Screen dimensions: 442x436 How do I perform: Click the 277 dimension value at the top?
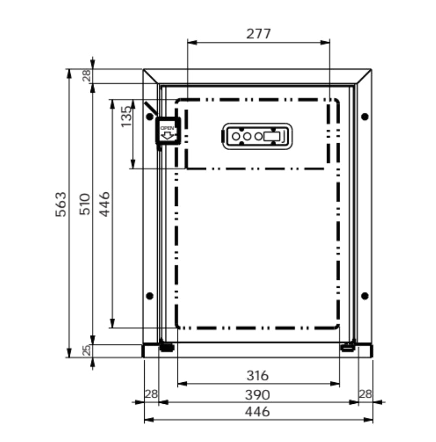258,34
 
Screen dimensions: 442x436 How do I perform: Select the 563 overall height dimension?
61,203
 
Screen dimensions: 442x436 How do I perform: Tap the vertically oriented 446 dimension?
104,203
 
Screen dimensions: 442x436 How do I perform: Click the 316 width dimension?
257,375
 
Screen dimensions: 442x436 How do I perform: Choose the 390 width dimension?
257,394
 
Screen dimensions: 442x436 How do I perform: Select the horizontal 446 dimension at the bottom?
257,412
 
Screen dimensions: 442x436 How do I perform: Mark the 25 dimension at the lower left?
86,350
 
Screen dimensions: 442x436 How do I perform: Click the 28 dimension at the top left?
86,76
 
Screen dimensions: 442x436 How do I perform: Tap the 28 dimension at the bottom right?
365,394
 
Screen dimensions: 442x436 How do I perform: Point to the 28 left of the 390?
151,394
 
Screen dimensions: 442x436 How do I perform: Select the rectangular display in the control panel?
273,136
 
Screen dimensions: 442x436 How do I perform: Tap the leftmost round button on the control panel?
236,136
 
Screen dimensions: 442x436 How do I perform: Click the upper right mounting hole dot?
365,117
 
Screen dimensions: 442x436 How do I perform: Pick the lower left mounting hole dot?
149,295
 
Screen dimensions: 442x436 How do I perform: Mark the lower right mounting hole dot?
365,295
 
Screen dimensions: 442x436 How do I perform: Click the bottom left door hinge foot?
166,346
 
